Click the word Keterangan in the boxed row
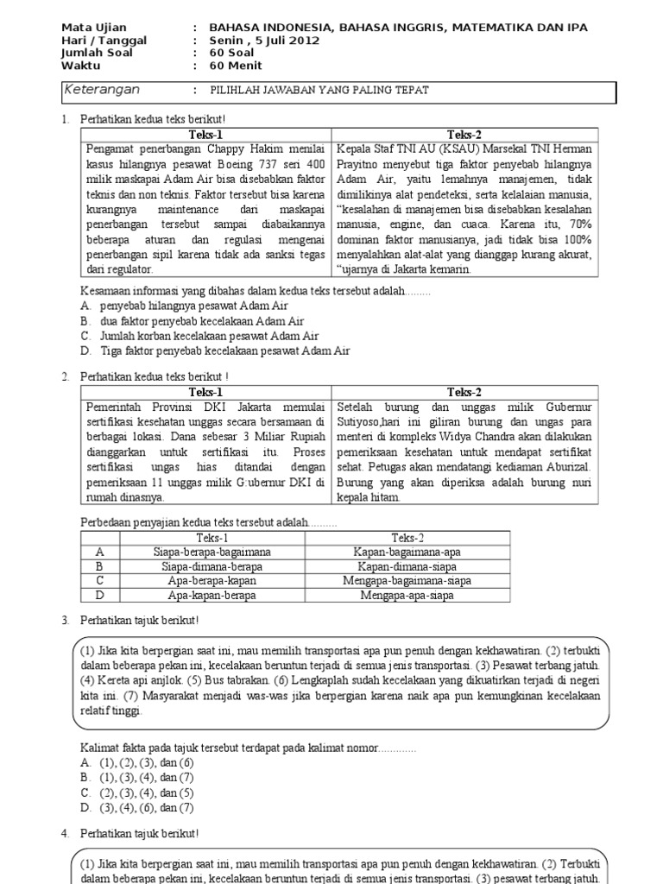103,91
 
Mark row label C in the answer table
100,581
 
